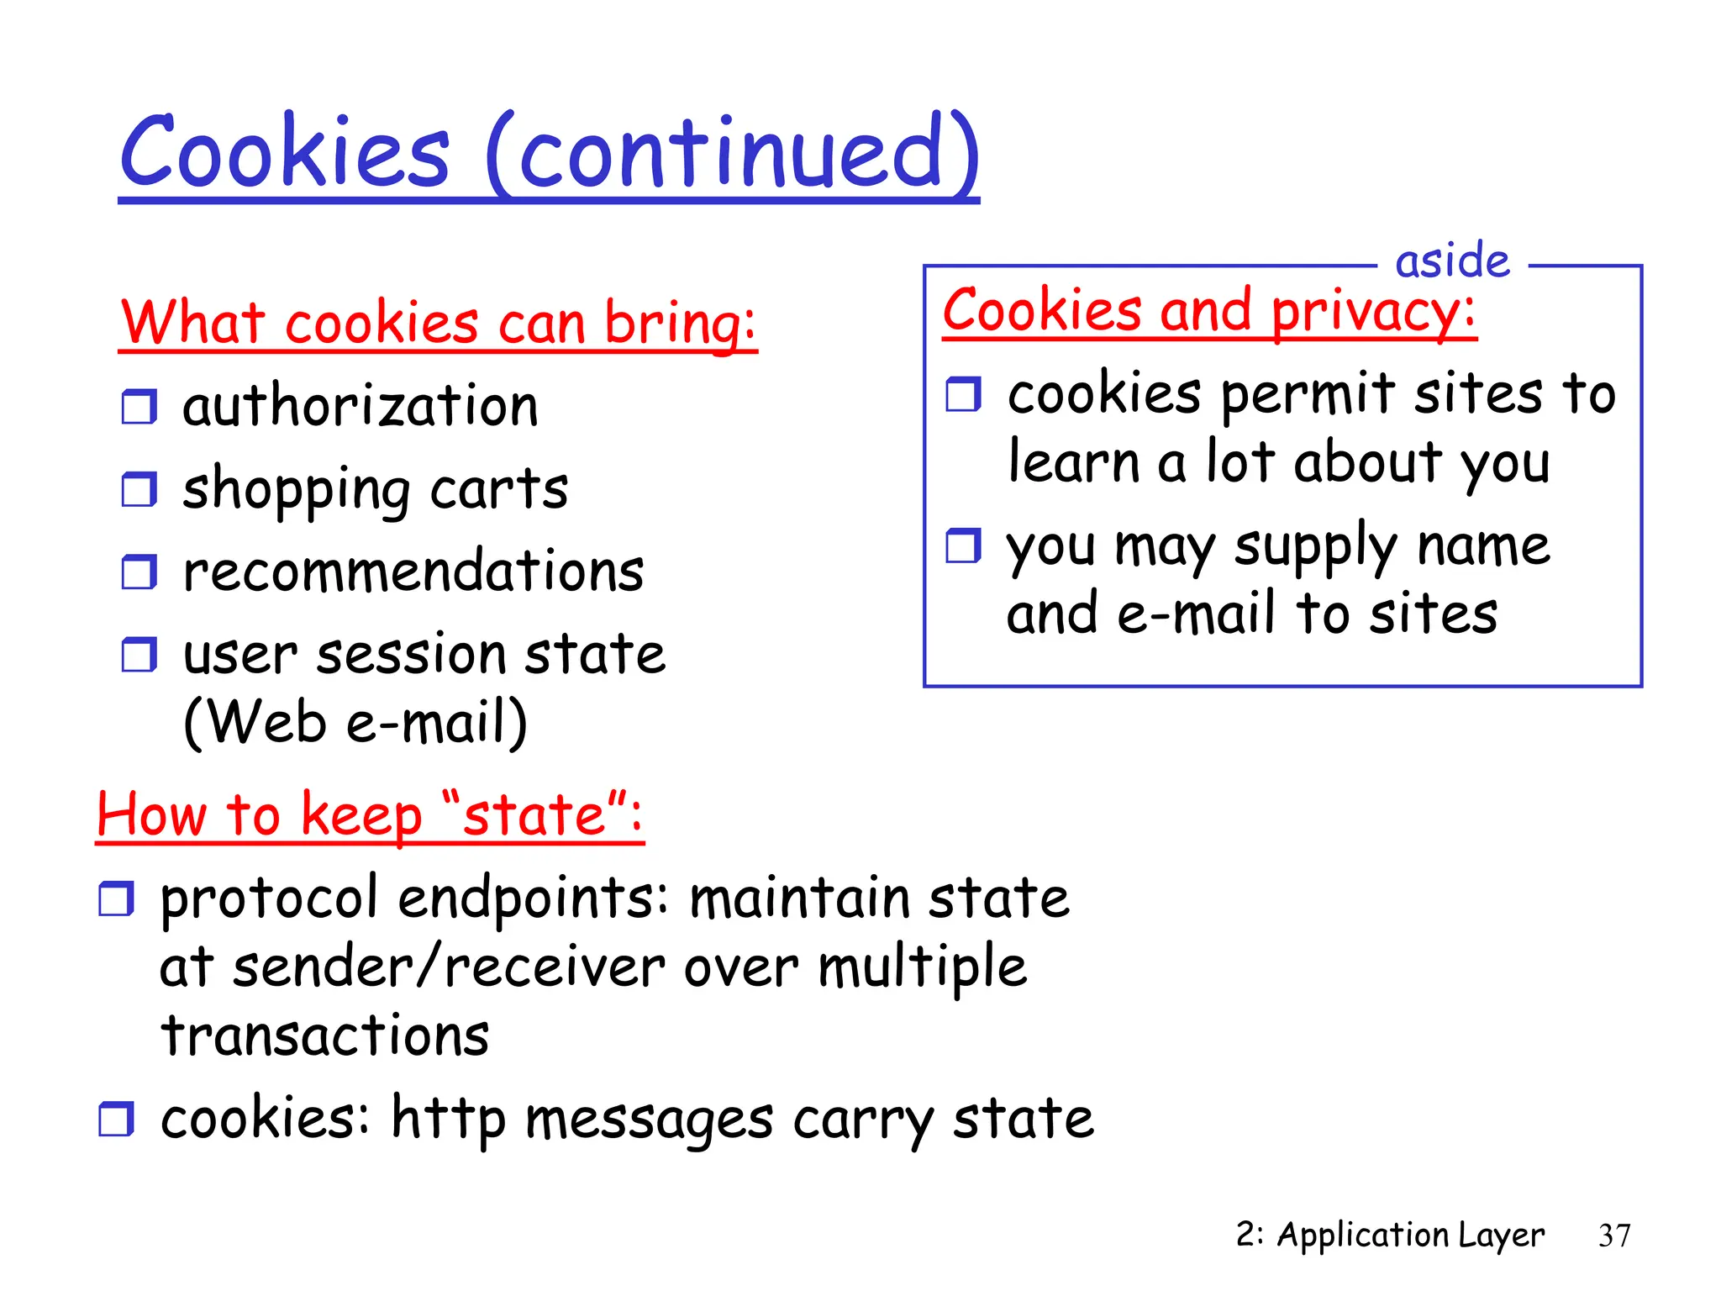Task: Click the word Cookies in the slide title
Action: tap(284, 153)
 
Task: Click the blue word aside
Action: tap(1452, 261)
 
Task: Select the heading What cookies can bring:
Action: tap(438, 324)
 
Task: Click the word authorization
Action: tap(361, 407)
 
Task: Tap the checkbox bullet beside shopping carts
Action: tap(139, 489)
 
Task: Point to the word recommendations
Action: tap(413, 572)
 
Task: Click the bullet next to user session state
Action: tap(139, 655)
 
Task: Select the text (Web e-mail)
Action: tap(355, 723)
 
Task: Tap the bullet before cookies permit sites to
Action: tap(963, 393)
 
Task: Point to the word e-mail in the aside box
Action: tap(1197, 614)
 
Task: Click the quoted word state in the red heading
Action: tap(534, 815)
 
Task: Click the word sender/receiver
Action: tap(449, 967)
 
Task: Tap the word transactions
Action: tap(324, 1035)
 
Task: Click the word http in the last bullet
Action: tap(448, 1120)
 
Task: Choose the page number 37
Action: tap(1613, 1236)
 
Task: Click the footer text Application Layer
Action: tap(1410, 1236)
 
